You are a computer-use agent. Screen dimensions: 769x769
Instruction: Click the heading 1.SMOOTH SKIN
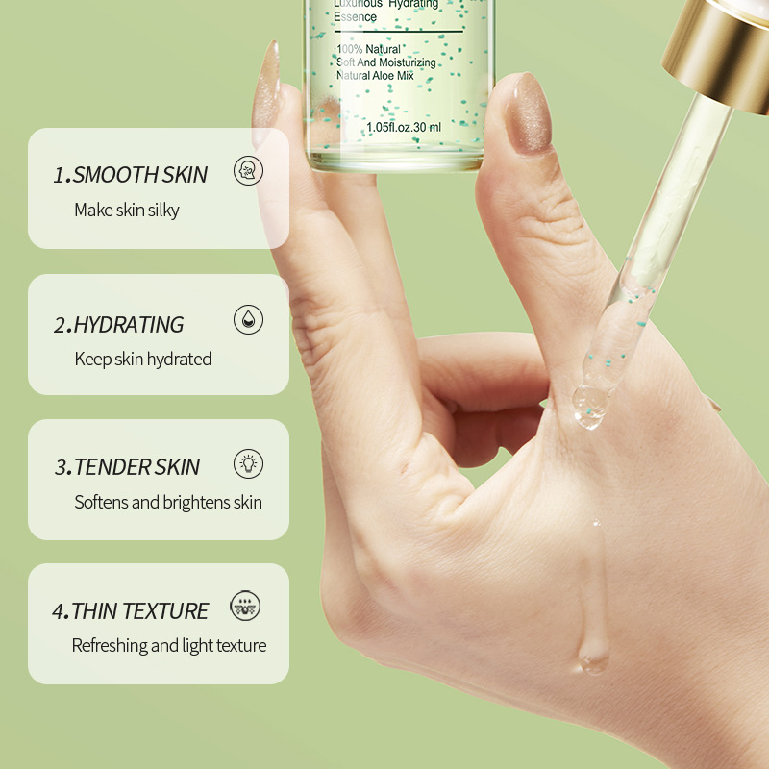pos(130,175)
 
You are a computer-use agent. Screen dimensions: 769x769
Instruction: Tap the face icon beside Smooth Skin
pos(248,171)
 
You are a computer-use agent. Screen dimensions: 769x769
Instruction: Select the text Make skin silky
pos(127,210)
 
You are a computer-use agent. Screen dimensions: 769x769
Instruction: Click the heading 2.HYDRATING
pos(118,325)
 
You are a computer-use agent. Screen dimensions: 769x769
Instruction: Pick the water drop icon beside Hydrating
pos(248,319)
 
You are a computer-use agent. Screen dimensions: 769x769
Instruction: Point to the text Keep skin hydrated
pos(142,359)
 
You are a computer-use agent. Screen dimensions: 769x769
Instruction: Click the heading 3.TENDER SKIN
pos(127,467)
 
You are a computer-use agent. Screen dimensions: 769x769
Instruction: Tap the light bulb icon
pos(248,463)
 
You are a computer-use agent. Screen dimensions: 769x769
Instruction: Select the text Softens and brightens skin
pos(168,502)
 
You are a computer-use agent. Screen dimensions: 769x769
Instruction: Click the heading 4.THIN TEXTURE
pos(130,611)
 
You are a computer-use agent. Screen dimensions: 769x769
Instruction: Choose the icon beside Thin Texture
pos(245,606)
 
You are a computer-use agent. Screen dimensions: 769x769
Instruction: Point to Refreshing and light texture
pos(169,645)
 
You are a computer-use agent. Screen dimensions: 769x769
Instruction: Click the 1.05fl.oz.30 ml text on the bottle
pos(404,127)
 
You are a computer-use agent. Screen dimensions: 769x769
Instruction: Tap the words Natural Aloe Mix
pos(375,76)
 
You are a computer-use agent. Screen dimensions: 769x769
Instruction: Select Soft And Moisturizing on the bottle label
pos(385,62)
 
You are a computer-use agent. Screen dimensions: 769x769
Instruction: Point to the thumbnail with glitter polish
pos(529,113)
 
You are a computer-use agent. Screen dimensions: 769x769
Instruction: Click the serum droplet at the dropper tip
pos(590,407)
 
